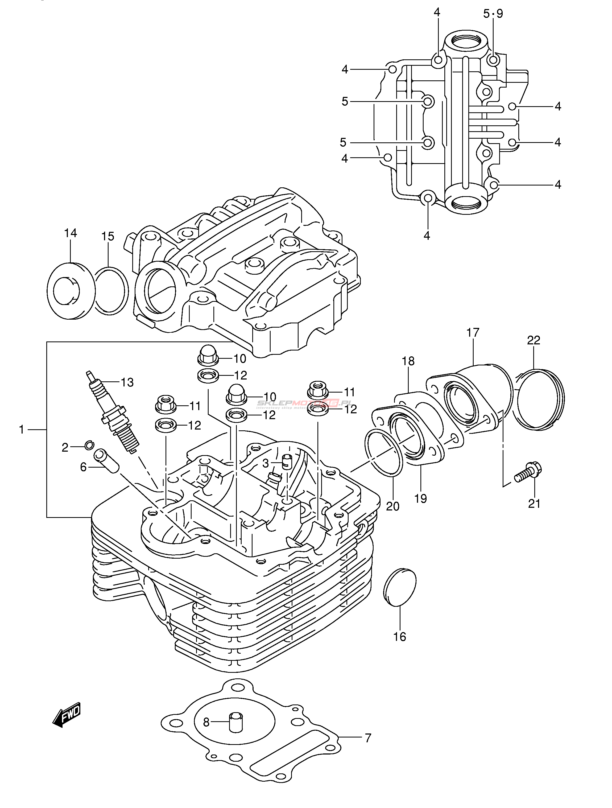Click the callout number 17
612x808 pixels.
[473, 333]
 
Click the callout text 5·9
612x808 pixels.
[493, 14]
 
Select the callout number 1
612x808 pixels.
[22, 430]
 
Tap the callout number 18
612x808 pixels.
[408, 361]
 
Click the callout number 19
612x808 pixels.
[421, 498]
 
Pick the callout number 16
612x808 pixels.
[400, 637]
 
